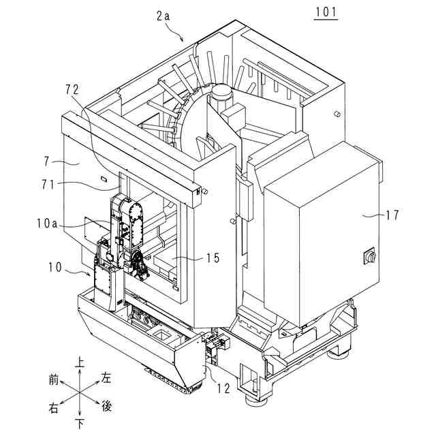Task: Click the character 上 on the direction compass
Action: pos(82,363)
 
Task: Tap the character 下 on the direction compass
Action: pos(82,425)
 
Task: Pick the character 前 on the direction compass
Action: pos(54,378)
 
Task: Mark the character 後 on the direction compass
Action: pos(107,407)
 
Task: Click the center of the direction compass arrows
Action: pos(81,394)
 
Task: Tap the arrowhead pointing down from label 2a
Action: pos(183,40)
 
